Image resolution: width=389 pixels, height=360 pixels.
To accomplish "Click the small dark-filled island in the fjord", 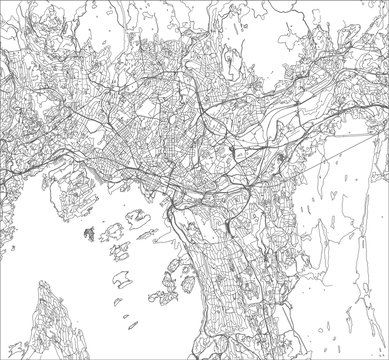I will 91,234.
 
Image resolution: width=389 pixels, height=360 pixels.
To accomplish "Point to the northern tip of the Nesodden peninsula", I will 45,290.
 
